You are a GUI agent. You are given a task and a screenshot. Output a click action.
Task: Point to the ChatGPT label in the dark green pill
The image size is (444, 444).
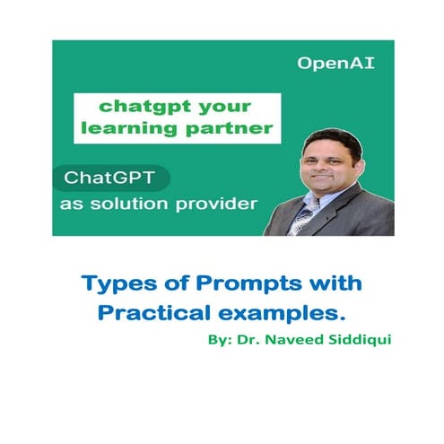[106, 178]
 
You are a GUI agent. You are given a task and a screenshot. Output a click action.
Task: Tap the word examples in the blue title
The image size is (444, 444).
[292, 316]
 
